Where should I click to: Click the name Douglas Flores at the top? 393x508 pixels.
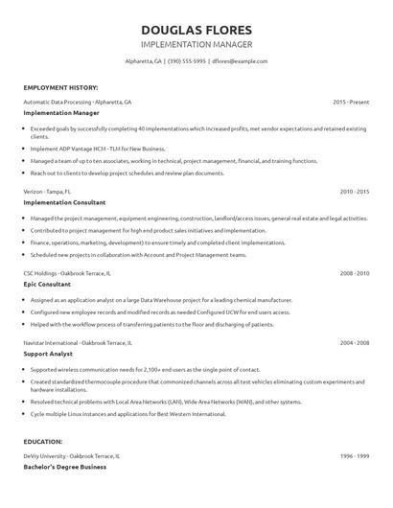196,29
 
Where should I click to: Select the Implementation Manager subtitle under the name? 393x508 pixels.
196,44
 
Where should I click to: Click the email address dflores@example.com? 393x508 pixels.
240,60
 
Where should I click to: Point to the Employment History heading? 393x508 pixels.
58,86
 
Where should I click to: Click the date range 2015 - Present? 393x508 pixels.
351,101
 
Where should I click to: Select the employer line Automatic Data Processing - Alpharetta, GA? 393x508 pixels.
78,101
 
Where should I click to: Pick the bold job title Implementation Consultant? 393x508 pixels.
64,202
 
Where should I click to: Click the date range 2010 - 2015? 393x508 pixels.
354,192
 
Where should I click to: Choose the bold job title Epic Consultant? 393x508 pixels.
47,284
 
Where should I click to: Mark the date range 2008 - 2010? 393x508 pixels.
354,273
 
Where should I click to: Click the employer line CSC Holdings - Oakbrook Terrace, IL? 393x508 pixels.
67,273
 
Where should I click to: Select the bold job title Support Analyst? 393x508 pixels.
48,353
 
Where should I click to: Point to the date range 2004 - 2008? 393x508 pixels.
354,342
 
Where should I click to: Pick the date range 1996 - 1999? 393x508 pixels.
354,455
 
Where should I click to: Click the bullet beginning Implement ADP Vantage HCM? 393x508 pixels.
98,149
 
